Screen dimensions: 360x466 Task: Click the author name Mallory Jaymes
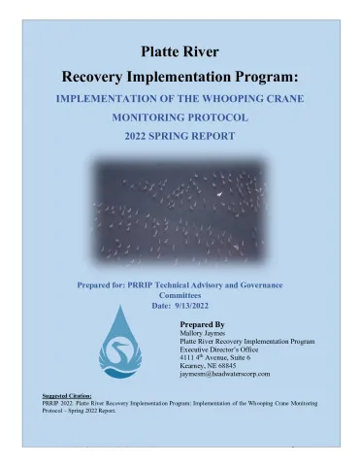(x=207, y=336)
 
